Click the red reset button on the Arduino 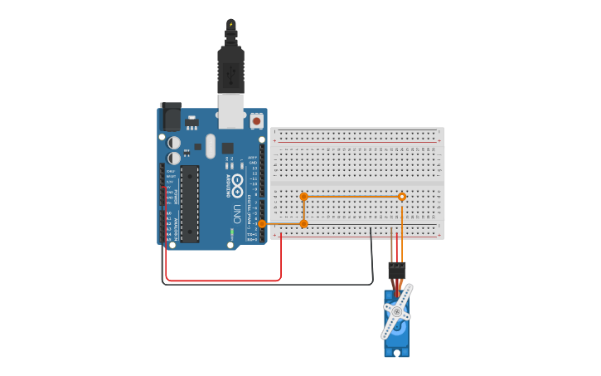[x=256, y=120]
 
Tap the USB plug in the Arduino [x=230, y=71]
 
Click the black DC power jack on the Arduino [x=171, y=116]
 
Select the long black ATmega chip [x=190, y=203]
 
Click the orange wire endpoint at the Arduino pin [x=262, y=223]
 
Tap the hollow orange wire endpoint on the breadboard [x=402, y=197]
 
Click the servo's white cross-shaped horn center [x=397, y=312]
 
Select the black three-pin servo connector [x=397, y=270]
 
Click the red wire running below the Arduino [x=224, y=281]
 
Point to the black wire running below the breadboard [x=265, y=285]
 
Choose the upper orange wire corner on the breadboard [x=304, y=197]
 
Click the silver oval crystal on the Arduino [x=211, y=146]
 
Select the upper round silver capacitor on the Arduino [x=173, y=143]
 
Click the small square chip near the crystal [x=227, y=148]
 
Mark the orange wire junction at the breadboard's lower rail [x=304, y=223]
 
